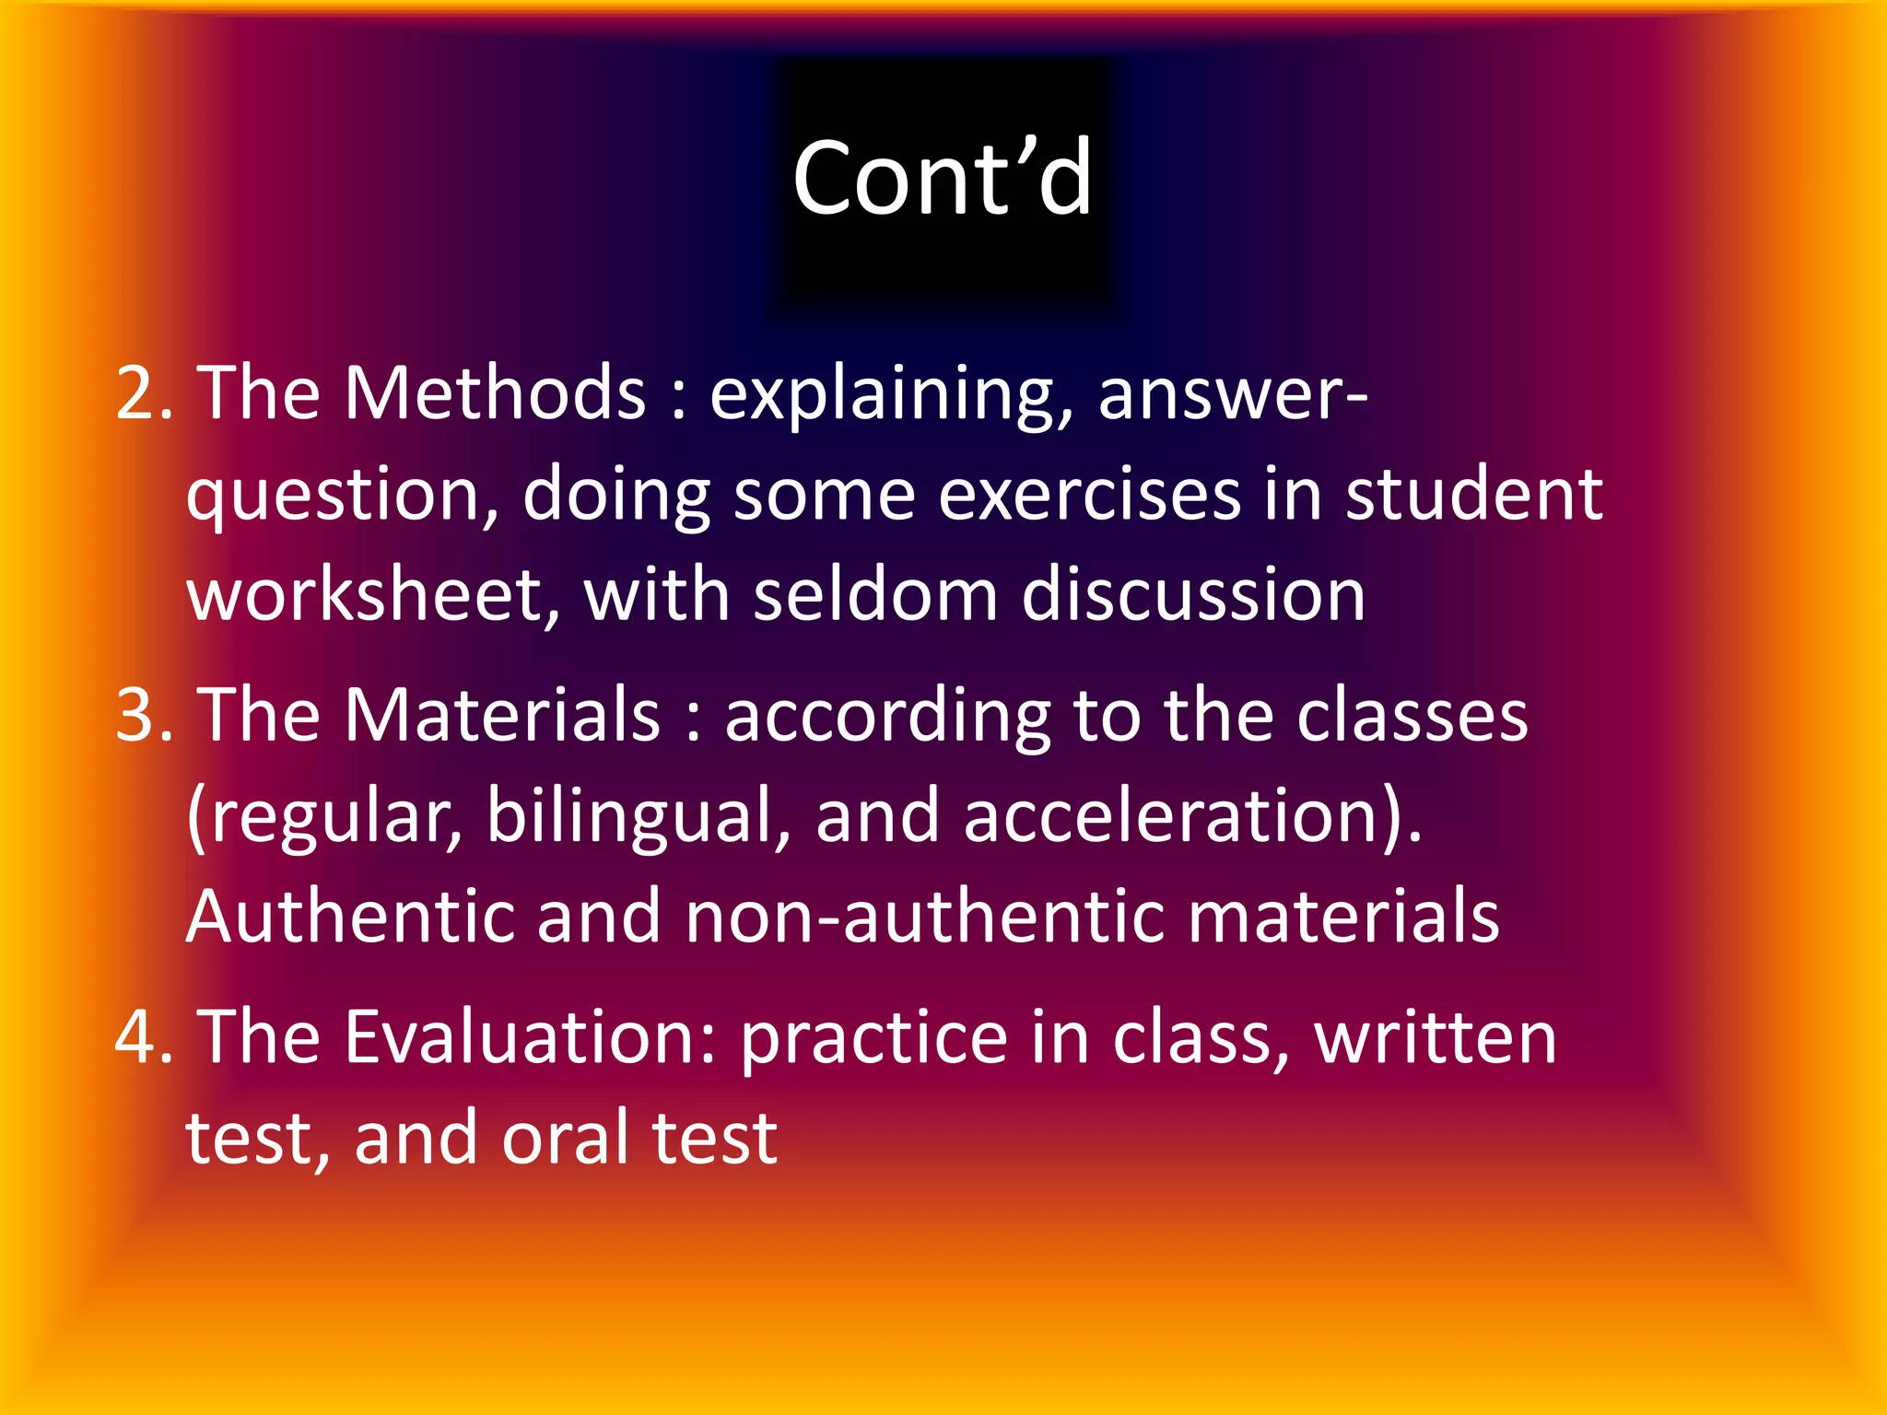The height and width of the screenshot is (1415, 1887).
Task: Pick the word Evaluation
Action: pos(522,1037)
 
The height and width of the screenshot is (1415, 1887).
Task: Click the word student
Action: pos(1474,496)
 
